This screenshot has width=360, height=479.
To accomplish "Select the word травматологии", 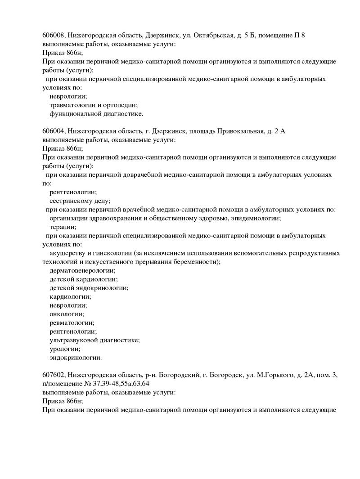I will pos(72,105).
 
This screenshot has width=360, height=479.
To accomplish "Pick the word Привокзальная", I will pos(240,131).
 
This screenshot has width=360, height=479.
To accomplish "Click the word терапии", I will pos(63,227).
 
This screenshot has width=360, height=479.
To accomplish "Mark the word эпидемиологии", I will pos(256,218).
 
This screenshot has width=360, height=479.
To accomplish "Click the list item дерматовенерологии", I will pos(82,270).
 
